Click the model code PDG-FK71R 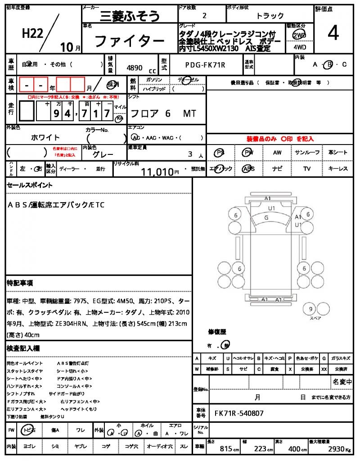coord(205,65)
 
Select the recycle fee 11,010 coord(157,171)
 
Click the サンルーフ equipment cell coord(307,153)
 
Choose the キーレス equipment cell coord(338,169)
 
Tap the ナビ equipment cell coord(277,169)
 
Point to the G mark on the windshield coord(266,217)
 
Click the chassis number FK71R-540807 coord(239,413)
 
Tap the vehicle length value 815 coord(226,449)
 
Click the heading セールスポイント coord(30,185)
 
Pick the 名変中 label coord(342,382)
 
